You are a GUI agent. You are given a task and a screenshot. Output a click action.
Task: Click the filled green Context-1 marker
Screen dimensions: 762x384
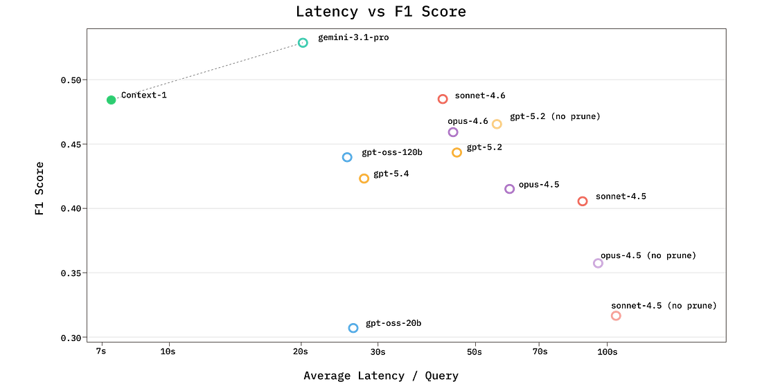[x=112, y=100]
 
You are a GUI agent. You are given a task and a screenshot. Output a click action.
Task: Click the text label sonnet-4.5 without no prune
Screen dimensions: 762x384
[x=621, y=196]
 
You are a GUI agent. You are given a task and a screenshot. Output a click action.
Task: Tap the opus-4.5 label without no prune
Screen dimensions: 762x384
[x=539, y=185]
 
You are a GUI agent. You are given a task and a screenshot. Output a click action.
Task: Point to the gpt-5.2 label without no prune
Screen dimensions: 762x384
[x=484, y=147]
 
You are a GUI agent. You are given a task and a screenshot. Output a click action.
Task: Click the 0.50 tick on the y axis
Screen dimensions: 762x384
[x=71, y=80]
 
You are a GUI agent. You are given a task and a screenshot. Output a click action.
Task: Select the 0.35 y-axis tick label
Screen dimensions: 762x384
[x=71, y=273]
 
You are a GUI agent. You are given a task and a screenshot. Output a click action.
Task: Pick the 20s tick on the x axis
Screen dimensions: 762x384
[x=301, y=351]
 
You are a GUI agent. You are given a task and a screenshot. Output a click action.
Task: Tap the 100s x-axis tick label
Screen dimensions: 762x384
[x=608, y=351]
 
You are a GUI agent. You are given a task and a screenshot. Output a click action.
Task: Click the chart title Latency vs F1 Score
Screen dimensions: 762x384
[x=381, y=12]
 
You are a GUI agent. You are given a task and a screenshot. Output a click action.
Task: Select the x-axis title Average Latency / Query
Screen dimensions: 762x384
[x=381, y=376]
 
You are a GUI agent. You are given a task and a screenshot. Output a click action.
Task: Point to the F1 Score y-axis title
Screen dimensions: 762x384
[x=39, y=188]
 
